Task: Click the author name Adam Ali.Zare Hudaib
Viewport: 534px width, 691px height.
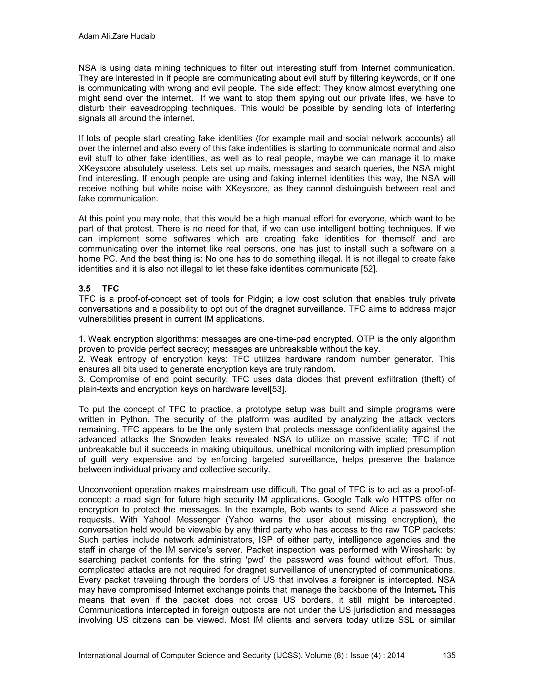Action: pos(117,37)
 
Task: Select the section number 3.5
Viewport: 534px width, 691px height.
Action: pos(84,289)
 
